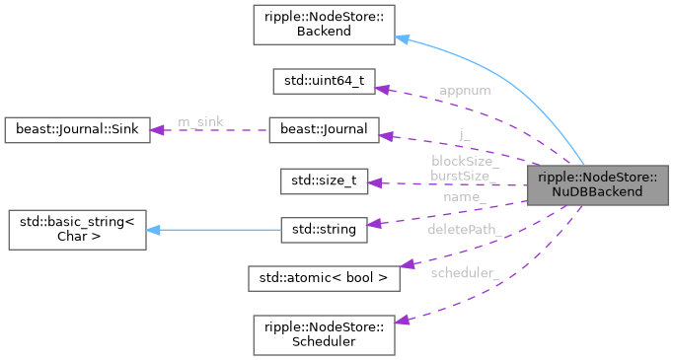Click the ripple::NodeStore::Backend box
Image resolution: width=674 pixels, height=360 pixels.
point(324,25)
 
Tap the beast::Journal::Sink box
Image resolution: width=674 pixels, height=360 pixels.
point(76,130)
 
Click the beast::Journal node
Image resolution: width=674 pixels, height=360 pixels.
point(324,130)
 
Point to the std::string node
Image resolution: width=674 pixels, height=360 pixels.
point(324,229)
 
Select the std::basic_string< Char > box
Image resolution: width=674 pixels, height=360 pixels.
point(76,229)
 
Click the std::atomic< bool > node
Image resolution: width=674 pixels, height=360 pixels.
point(324,278)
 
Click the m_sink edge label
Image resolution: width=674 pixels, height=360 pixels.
point(200,121)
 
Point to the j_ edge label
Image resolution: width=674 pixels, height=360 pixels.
point(465,134)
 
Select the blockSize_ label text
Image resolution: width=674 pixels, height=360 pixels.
point(465,161)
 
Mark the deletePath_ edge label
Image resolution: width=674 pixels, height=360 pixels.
point(463,229)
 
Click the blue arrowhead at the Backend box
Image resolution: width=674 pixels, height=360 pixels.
point(401,38)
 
